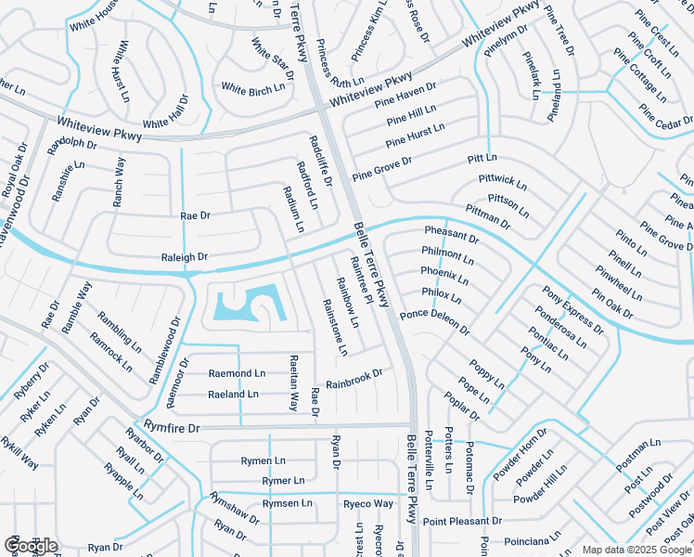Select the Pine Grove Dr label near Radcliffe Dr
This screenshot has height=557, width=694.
point(381,168)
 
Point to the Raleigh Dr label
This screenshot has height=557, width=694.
point(184,256)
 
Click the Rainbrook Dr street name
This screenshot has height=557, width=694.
point(354,379)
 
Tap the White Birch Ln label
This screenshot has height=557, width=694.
point(252,89)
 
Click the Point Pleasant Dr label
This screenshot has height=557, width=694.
point(462,522)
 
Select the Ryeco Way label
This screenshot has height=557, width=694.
point(368,504)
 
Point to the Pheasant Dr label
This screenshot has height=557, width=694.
point(451,233)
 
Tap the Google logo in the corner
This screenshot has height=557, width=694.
point(31,546)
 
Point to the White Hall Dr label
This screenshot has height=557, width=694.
point(165,122)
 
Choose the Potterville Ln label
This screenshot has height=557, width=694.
point(429,460)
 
